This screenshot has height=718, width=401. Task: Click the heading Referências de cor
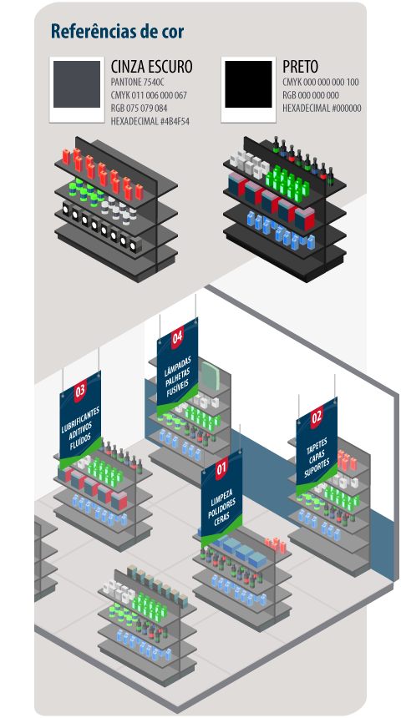point(118,31)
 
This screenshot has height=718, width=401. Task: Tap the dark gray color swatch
point(77,84)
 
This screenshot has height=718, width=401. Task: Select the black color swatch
point(248,84)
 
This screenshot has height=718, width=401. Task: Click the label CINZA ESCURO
point(152,67)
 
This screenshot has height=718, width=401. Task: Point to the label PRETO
point(300,67)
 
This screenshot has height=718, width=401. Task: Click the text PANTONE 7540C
point(137,83)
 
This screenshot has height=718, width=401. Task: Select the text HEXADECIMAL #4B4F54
point(150,121)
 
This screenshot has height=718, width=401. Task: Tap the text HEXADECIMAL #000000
point(322,109)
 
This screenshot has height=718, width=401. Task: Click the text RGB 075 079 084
point(139,109)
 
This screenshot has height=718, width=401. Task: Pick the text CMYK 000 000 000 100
point(320,83)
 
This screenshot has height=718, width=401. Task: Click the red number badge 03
point(80,392)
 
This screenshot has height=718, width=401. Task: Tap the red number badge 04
point(177,338)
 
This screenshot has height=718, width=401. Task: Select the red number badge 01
point(222,469)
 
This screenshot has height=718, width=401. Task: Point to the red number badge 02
point(317,418)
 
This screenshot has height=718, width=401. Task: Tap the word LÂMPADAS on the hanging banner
point(177,363)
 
